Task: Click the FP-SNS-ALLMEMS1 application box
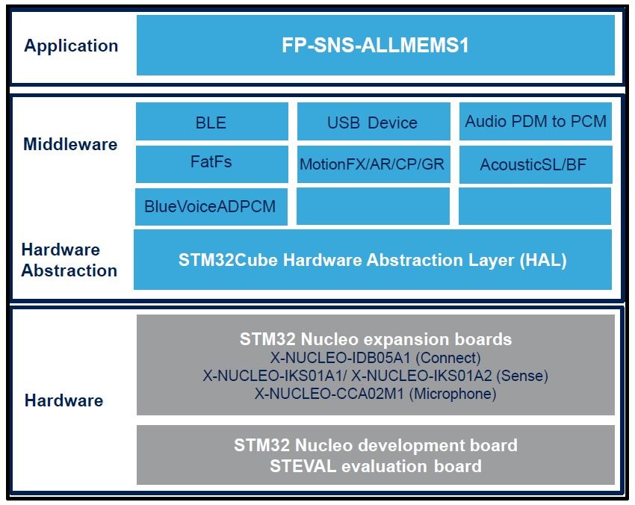(x=376, y=45)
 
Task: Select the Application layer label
(x=71, y=46)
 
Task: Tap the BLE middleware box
(x=212, y=122)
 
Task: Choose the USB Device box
(x=374, y=122)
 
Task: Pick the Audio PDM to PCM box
(x=536, y=122)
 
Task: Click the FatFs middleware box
(x=212, y=164)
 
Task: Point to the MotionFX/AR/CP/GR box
(x=374, y=164)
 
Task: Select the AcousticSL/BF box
(x=536, y=164)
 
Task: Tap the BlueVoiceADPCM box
(x=211, y=206)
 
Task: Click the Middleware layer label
(x=70, y=144)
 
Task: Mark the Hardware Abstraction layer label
(x=69, y=260)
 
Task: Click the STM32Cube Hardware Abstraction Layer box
(x=373, y=259)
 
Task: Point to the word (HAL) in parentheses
(x=543, y=260)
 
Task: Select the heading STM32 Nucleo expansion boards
(x=376, y=339)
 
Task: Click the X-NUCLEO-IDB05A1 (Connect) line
(x=376, y=358)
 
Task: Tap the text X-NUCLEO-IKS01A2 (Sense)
(x=450, y=376)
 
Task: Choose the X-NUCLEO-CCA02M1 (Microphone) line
(x=376, y=394)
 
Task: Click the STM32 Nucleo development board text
(x=376, y=445)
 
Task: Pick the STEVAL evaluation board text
(x=376, y=466)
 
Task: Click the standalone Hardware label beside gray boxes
(x=64, y=400)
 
